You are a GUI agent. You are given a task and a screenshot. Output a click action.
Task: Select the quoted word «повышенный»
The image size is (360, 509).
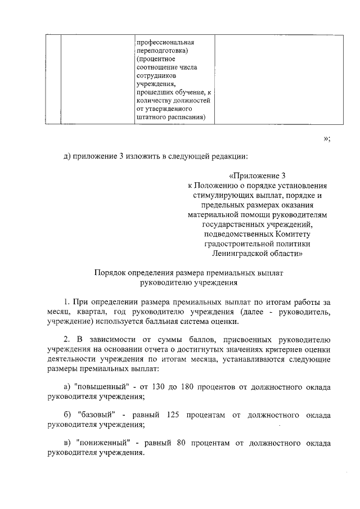pos(97,388)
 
